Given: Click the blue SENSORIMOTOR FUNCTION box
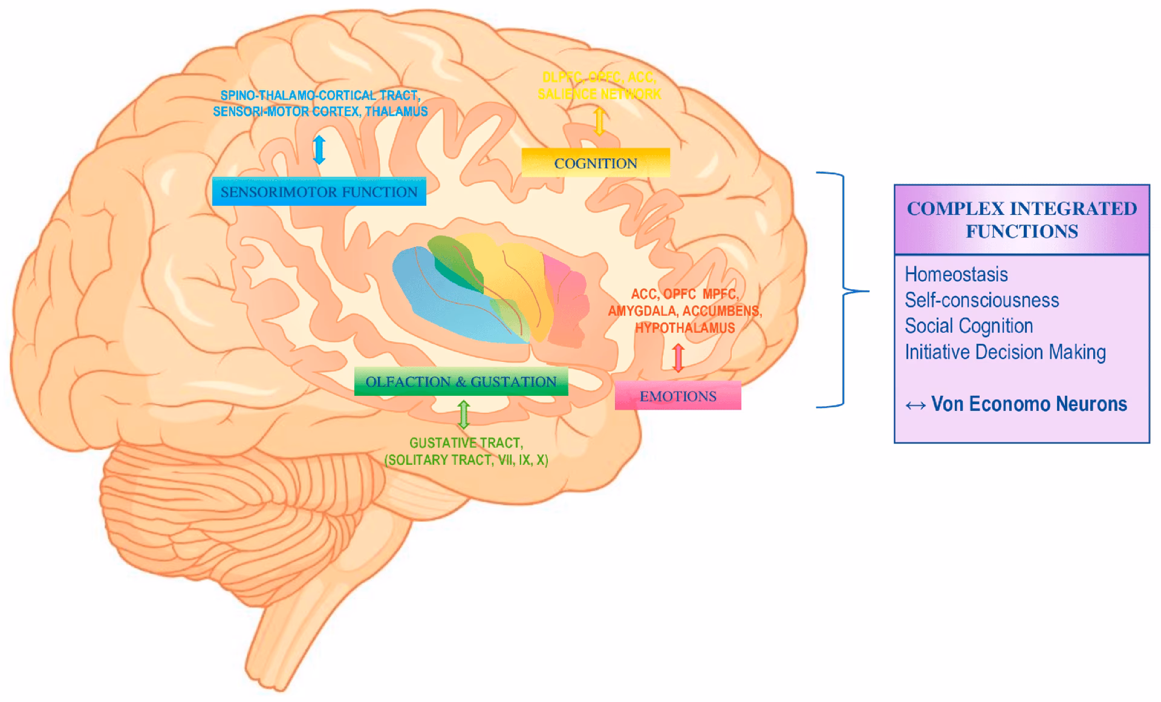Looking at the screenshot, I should [x=319, y=191].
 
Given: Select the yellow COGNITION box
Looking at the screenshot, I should [x=596, y=163].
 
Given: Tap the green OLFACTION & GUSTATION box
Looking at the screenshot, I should [x=461, y=381].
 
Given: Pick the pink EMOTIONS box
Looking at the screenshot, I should [x=678, y=396].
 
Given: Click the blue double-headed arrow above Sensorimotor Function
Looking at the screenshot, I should [x=319, y=149].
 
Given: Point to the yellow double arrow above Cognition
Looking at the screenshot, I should [x=599, y=121].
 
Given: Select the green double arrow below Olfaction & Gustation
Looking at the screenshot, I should [x=464, y=415].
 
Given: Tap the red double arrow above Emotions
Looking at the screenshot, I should [x=678, y=357].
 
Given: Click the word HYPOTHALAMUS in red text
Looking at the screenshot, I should [x=685, y=328].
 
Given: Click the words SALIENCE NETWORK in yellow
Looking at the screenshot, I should [x=599, y=94].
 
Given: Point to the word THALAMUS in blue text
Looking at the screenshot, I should [x=396, y=111].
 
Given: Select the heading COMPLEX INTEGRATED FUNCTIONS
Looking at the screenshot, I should [x=1021, y=220].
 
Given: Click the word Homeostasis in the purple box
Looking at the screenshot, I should [x=956, y=274].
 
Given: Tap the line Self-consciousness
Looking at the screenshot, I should [x=981, y=300].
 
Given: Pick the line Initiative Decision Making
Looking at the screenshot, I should [x=1005, y=352].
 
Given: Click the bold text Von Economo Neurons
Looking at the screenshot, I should [x=1029, y=404].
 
